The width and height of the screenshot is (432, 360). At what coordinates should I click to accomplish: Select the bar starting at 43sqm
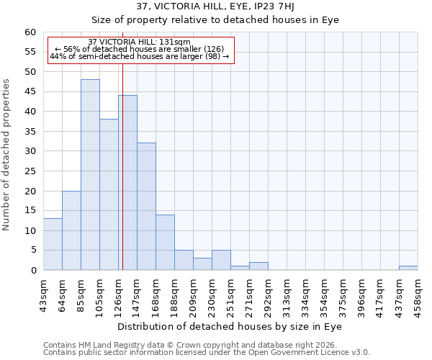[53, 244]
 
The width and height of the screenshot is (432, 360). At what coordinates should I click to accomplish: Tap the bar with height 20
[71, 230]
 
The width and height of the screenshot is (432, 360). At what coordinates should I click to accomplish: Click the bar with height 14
[165, 242]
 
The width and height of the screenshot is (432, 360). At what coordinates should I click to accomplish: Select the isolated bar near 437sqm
[408, 268]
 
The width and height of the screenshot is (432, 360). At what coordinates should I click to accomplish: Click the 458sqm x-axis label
[418, 295]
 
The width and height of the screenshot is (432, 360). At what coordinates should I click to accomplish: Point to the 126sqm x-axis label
[118, 295]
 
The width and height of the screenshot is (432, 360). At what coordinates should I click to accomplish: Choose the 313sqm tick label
[287, 295]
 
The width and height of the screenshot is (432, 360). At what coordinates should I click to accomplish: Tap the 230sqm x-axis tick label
[212, 295]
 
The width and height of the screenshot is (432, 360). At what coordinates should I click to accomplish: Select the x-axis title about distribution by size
[230, 327]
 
